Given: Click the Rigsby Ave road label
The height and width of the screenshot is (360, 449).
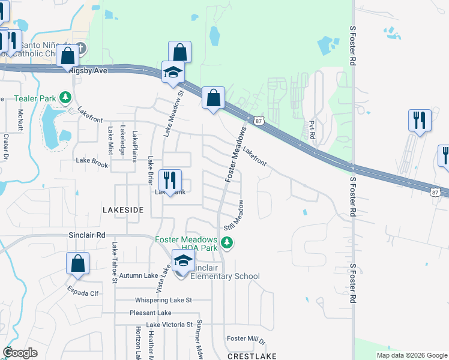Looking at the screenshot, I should (88, 70).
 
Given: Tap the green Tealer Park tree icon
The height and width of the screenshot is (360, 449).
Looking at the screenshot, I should (66, 98).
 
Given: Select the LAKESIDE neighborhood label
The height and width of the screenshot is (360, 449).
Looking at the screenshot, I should (123, 210).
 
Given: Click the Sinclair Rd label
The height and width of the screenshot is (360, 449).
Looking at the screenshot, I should (86, 235).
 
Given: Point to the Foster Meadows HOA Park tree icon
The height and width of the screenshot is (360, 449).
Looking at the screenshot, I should (226, 243).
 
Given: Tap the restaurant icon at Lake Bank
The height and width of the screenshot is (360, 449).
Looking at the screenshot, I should (170, 179).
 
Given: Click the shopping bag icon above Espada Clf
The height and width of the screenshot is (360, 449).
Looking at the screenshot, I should (77, 263).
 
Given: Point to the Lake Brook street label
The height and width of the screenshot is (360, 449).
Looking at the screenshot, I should (92, 161).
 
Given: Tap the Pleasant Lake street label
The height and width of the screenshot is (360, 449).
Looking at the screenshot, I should (150, 313).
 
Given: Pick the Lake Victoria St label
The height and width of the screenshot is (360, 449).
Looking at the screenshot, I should (164, 325).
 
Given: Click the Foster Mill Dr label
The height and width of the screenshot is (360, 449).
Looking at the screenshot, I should (246, 340).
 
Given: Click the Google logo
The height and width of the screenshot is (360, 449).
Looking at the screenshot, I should (20, 353).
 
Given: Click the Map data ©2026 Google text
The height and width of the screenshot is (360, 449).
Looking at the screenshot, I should (411, 355).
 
